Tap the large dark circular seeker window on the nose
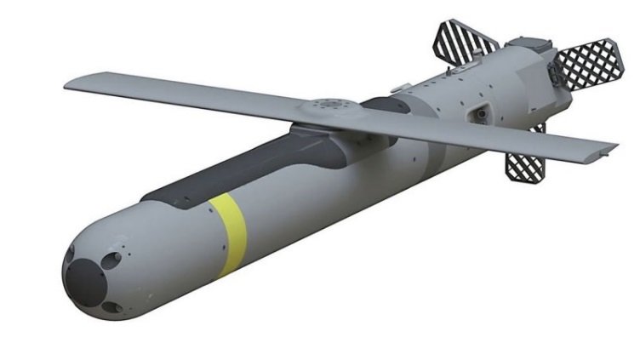click(x=86, y=280)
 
